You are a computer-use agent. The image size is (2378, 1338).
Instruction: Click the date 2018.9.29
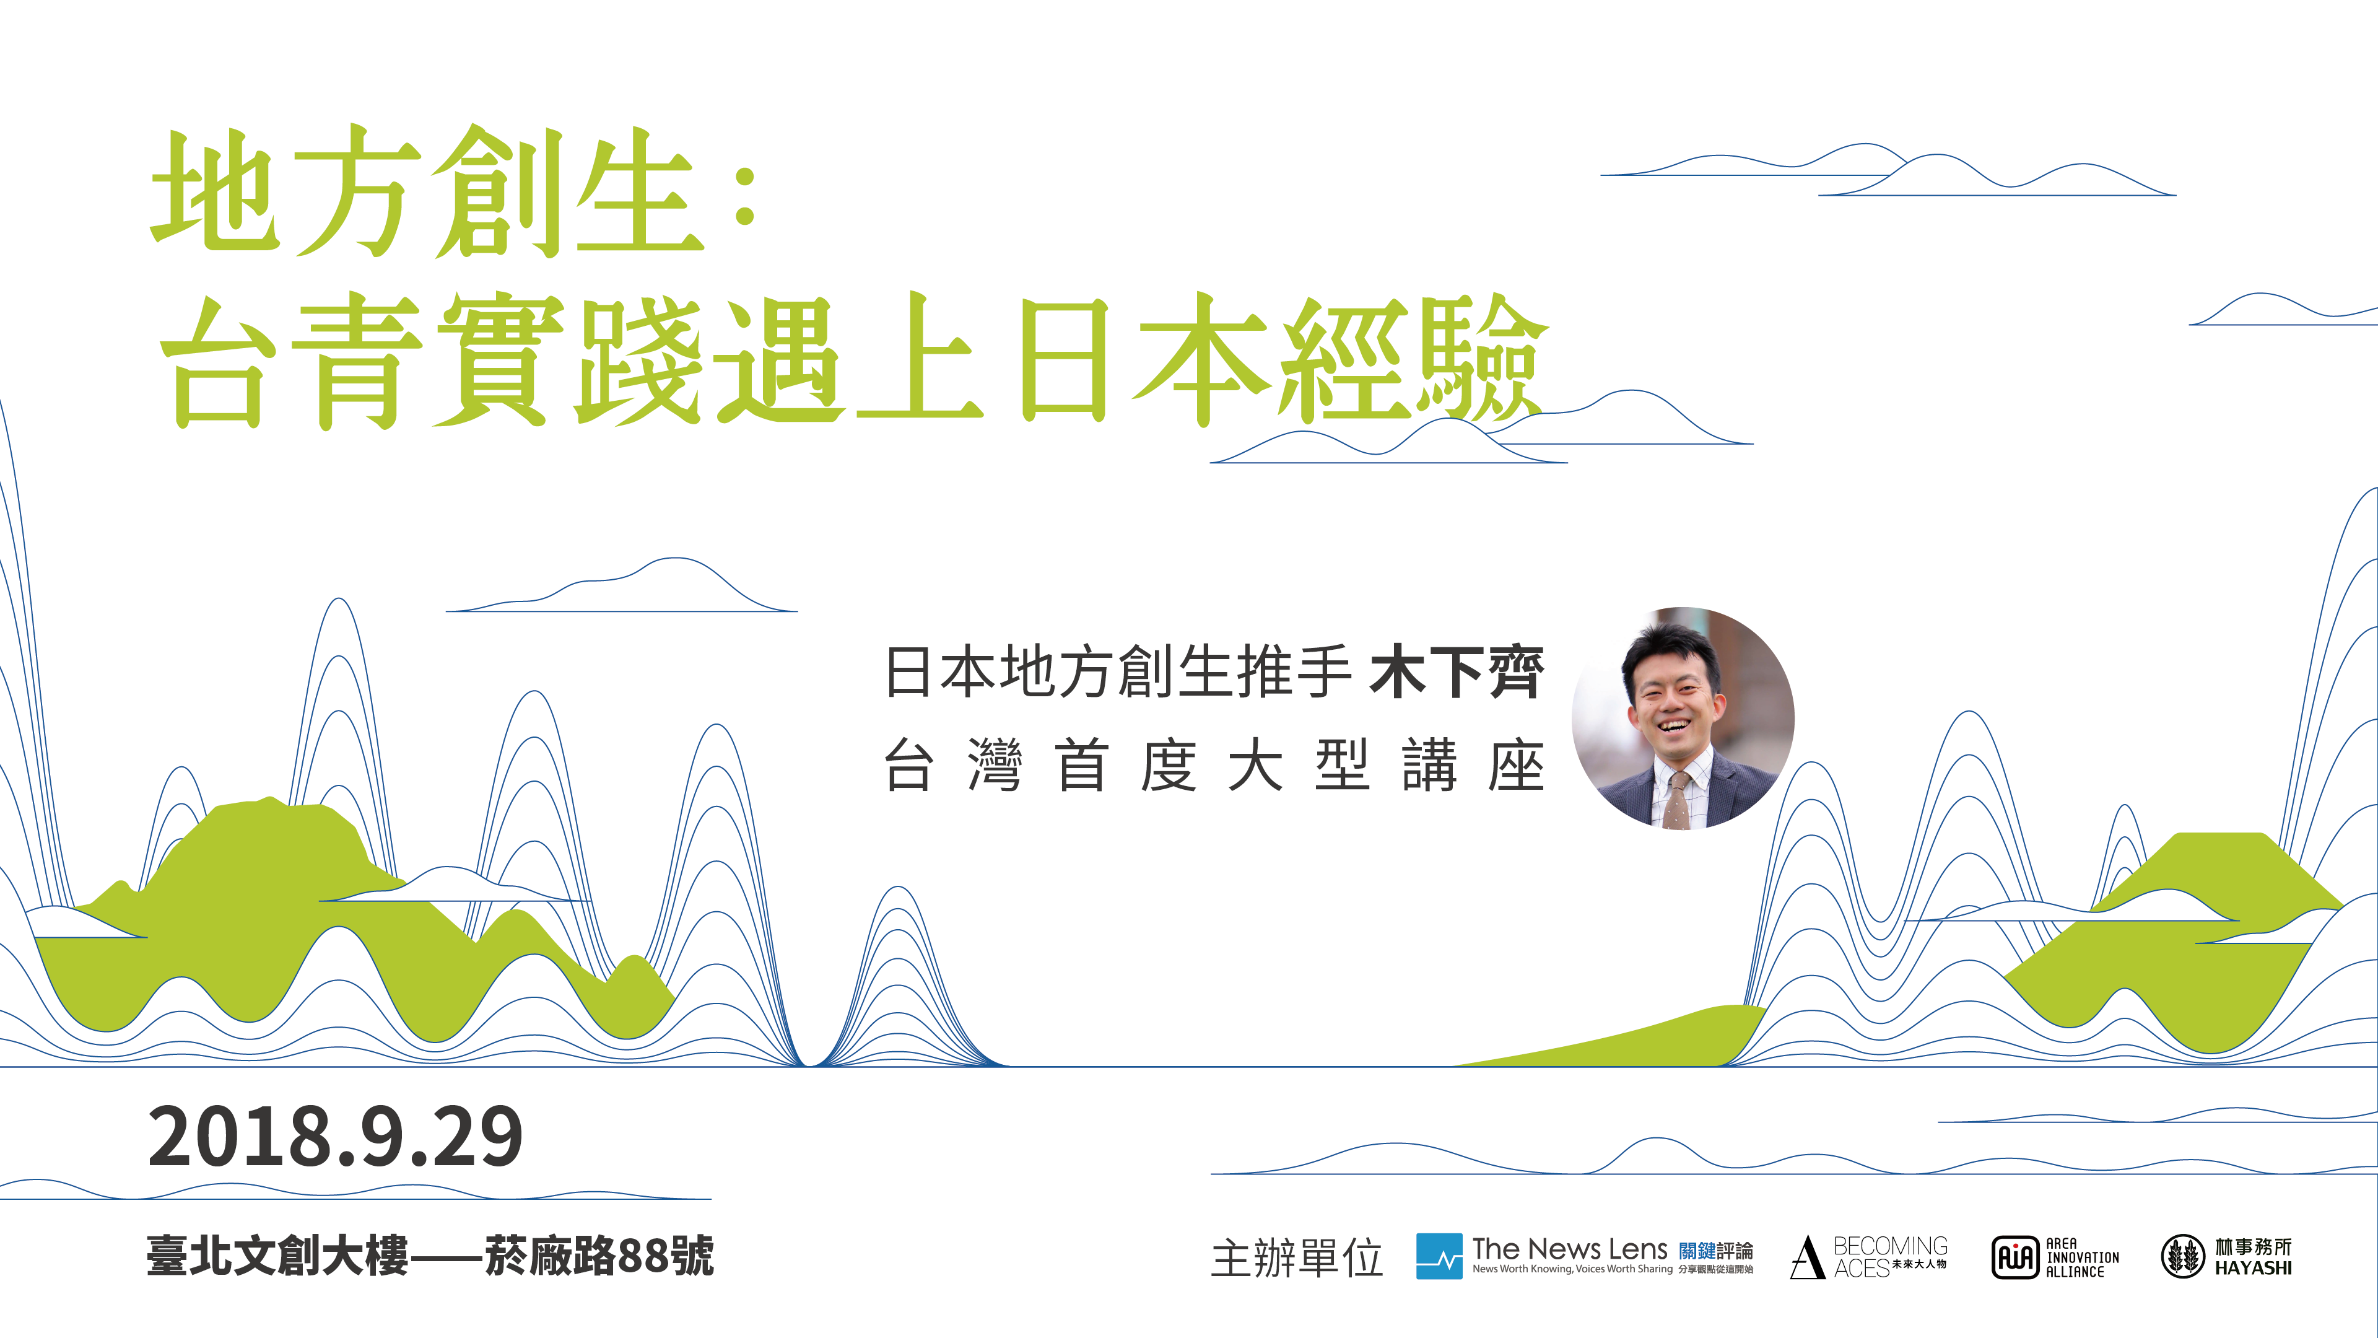click(335, 1136)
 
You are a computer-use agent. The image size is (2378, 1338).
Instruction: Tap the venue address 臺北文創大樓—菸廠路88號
click(430, 1255)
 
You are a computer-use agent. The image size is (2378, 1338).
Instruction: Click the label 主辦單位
click(1297, 1257)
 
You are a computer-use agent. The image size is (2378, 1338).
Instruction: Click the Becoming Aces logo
click(1870, 1257)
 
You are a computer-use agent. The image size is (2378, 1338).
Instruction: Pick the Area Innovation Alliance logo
click(2055, 1257)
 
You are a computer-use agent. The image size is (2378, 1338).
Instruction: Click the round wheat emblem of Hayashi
click(2182, 1257)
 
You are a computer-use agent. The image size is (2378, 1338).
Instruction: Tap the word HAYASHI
click(2254, 1269)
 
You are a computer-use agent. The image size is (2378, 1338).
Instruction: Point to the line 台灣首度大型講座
click(1214, 766)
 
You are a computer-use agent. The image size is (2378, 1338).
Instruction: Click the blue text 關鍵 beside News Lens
click(1697, 1250)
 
